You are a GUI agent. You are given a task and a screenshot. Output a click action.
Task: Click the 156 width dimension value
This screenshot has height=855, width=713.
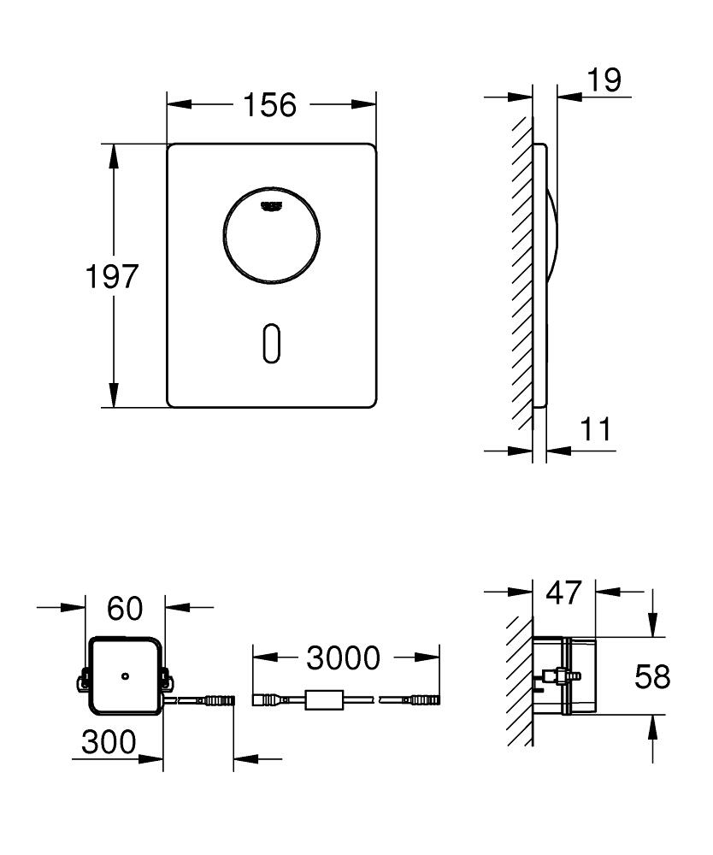pyautogui.click(x=270, y=105)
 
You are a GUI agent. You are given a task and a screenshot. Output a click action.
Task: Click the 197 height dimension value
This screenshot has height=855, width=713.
pyautogui.click(x=111, y=276)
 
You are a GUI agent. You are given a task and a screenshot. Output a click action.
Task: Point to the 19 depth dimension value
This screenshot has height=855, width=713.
pyautogui.click(x=604, y=80)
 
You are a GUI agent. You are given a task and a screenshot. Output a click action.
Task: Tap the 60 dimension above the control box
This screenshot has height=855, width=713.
pyautogui.click(x=125, y=609)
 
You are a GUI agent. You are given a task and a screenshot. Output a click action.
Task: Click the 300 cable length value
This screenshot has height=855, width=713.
pyautogui.click(x=109, y=742)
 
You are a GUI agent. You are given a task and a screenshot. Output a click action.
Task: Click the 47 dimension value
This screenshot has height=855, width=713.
pyautogui.click(x=563, y=592)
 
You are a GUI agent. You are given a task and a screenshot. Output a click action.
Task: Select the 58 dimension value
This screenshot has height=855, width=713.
pyautogui.click(x=652, y=677)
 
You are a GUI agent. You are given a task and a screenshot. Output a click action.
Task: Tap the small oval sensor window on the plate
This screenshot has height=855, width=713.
pyautogui.click(x=271, y=344)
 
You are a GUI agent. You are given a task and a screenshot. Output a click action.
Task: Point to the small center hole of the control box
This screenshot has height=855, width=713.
pyautogui.click(x=125, y=676)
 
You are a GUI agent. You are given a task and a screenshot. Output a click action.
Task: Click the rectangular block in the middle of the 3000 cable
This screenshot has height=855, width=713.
pyautogui.click(x=325, y=700)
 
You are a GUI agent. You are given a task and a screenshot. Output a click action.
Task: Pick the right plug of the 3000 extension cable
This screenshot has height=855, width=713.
pyautogui.click(x=421, y=700)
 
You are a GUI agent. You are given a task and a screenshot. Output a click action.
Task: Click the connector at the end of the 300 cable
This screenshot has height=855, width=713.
pyautogui.click(x=217, y=700)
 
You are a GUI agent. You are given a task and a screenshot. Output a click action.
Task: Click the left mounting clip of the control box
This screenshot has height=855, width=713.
pyautogui.click(x=84, y=681)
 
